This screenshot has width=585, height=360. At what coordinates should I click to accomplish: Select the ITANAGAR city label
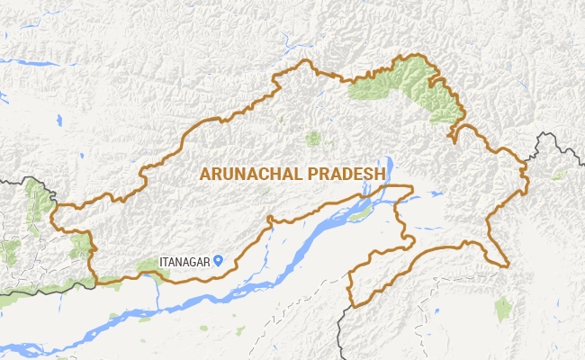[x=185, y=262]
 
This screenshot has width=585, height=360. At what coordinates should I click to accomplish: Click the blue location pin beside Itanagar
[x=219, y=261]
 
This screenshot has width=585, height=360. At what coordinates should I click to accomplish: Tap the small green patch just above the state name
[x=313, y=139]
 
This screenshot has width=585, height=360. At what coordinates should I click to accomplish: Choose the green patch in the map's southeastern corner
[x=503, y=309]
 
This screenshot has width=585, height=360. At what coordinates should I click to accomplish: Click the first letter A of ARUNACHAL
[x=205, y=174]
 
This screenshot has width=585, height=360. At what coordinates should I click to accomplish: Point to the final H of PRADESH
[x=382, y=174]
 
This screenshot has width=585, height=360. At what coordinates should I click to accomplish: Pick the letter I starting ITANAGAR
[x=161, y=262]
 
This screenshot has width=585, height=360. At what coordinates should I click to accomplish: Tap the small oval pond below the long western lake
[x=58, y=120]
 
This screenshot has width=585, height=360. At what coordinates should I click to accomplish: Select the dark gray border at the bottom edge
[x=342, y=333]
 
